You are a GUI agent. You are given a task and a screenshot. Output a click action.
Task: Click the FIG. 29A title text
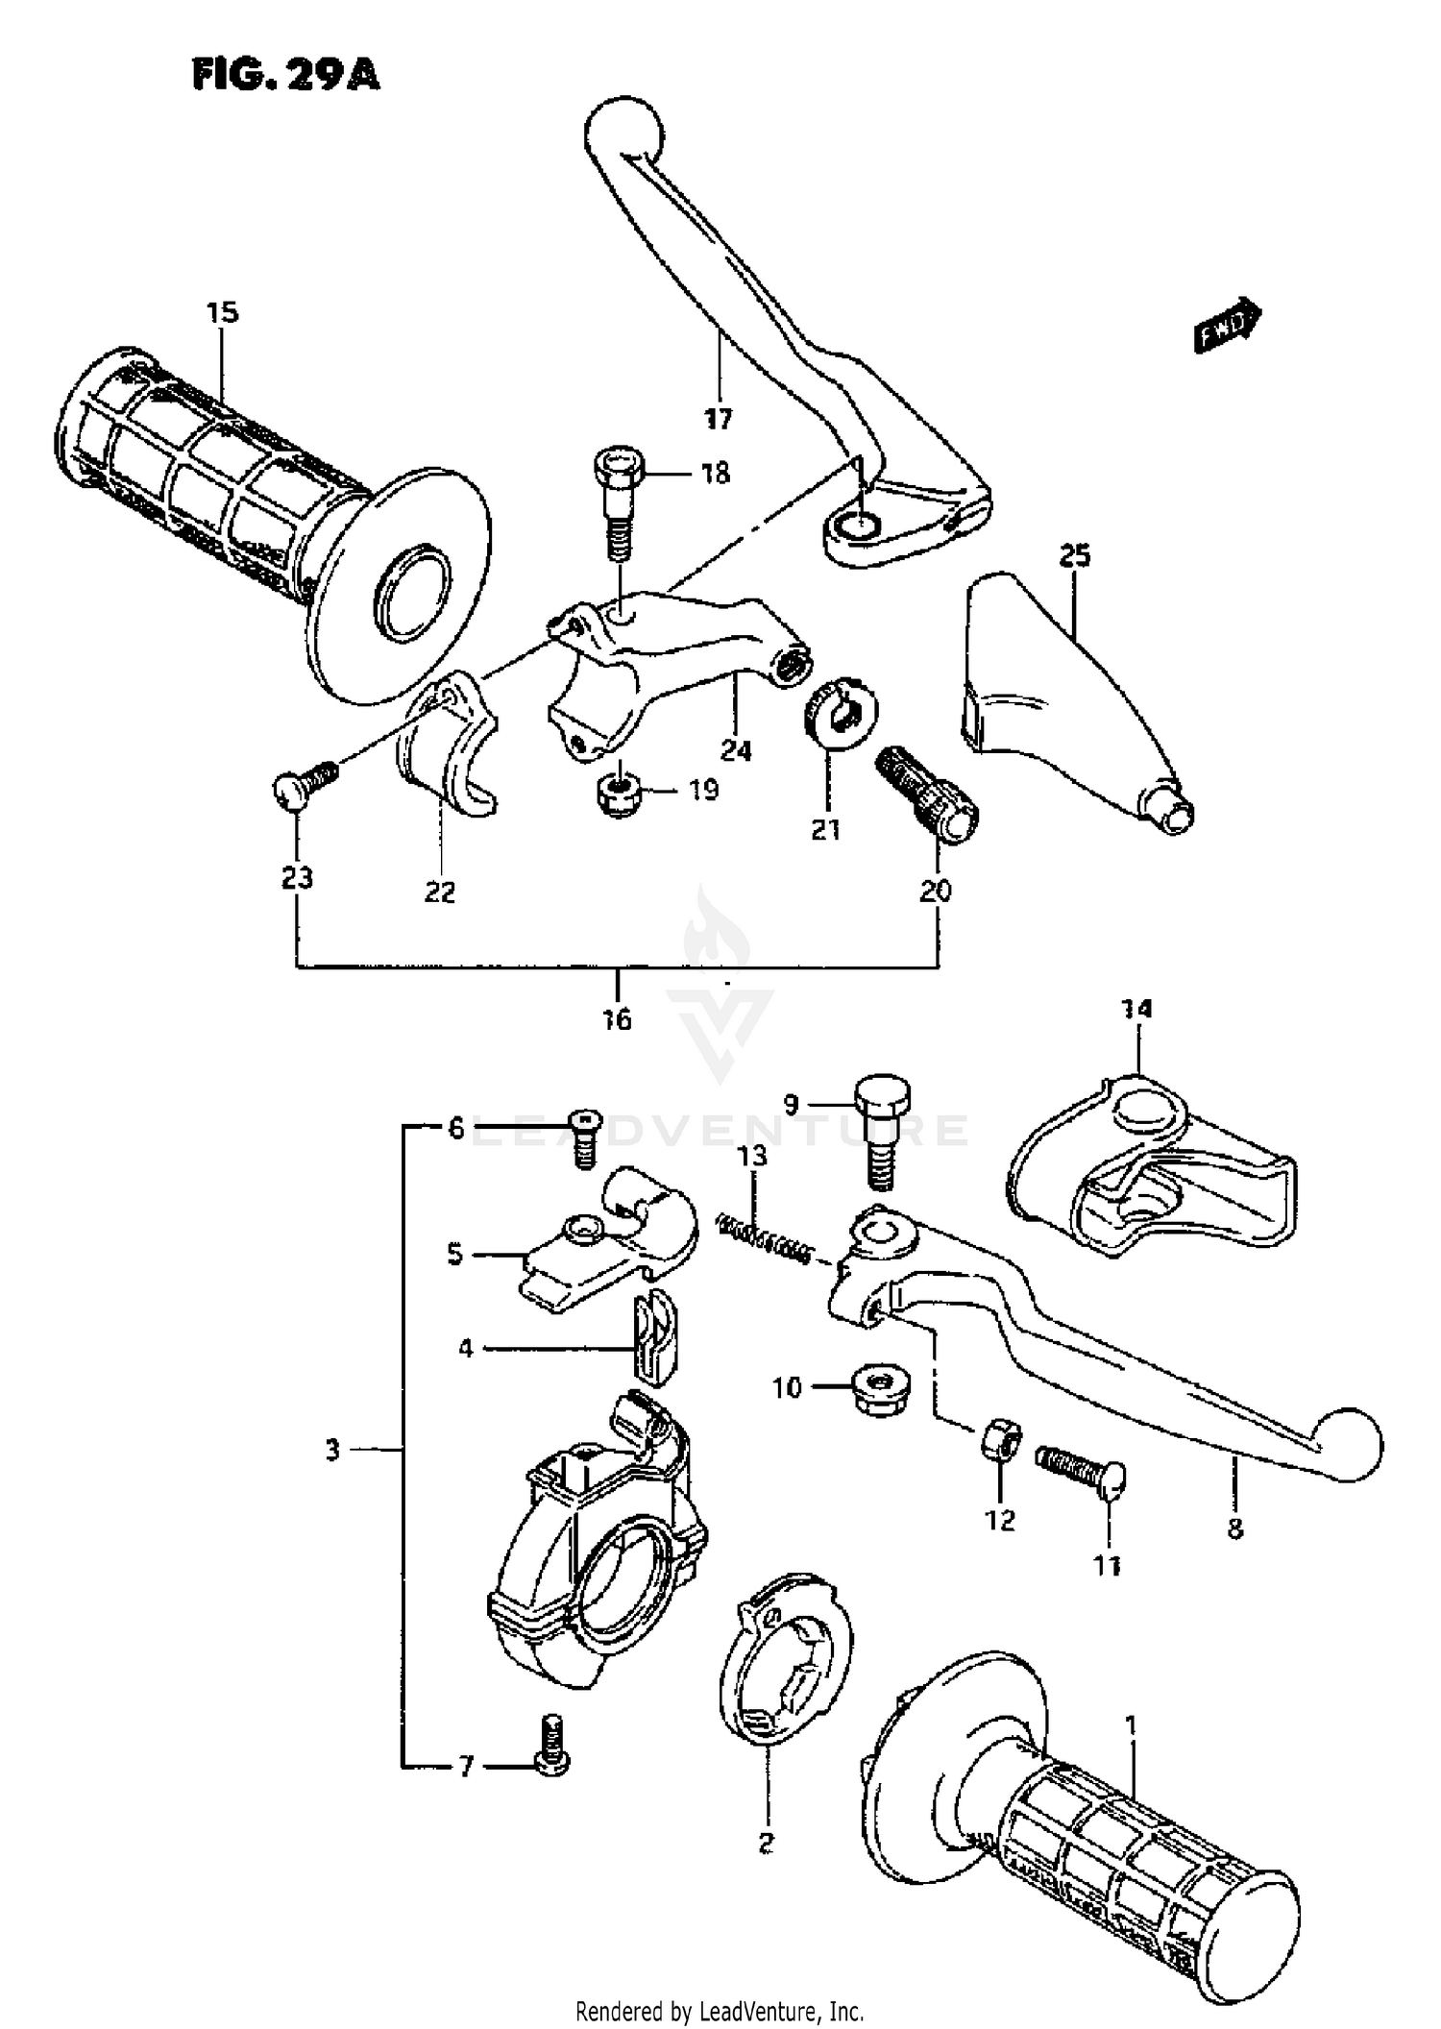coord(285,75)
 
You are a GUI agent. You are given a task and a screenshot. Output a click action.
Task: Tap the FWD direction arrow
coord(1227,325)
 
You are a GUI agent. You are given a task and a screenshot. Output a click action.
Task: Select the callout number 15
coord(222,312)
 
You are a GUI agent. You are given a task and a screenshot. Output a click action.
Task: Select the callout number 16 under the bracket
coord(617,1018)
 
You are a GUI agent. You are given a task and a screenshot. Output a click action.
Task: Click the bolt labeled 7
coord(550,1760)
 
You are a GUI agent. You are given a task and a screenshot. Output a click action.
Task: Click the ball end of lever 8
coord(1349,1445)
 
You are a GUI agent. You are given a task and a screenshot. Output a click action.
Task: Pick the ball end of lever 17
coord(624,132)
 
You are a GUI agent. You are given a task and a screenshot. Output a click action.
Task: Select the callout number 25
coord(1075,555)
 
